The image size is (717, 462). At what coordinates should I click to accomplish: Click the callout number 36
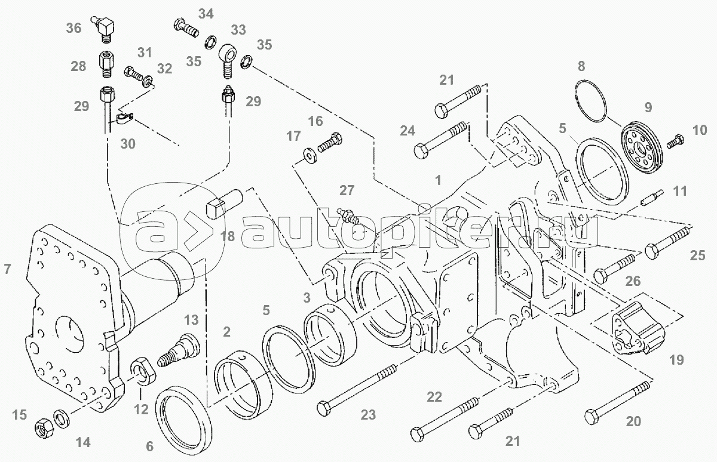pos(73,28)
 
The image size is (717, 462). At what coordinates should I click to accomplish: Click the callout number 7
pos(7,269)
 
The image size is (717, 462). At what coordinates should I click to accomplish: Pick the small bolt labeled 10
pos(675,141)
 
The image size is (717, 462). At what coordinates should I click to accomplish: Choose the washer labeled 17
pos(310,155)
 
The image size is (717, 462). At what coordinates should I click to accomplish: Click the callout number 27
pos(347,190)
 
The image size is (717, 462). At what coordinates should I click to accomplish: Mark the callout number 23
pos(368,415)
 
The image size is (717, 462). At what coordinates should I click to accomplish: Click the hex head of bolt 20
pos(592,417)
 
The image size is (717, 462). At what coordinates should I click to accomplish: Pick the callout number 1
pos(438,180)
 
